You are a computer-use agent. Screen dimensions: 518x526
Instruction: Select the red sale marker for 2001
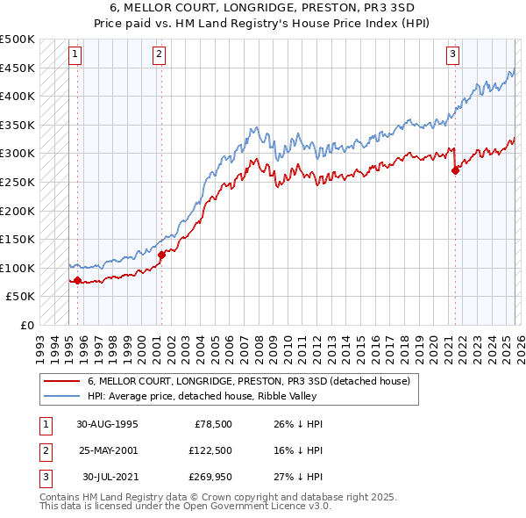click(161, 255)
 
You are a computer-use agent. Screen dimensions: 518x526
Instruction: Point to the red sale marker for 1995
click(78, 281)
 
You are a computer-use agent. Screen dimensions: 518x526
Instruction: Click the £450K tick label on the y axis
click(18, 68)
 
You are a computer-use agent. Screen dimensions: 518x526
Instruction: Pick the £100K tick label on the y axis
click(18, 268)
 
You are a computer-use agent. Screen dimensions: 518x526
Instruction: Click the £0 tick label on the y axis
click(28, 325)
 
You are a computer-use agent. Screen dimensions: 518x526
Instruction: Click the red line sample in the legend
click(61, 382)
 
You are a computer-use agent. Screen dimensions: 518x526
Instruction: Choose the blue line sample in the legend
click(61, 397)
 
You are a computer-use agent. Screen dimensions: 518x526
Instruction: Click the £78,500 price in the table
click(213, 423)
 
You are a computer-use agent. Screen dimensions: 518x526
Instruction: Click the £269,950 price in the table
click(210, 478)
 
